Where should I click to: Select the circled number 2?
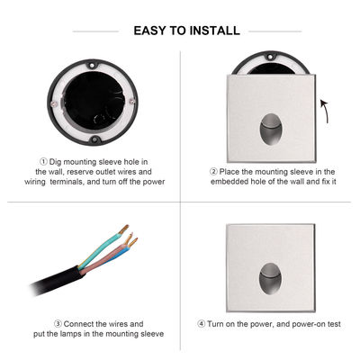tap(213, 170)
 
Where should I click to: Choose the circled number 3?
tap(58, 323)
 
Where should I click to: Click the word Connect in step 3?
tap(82, 323)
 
